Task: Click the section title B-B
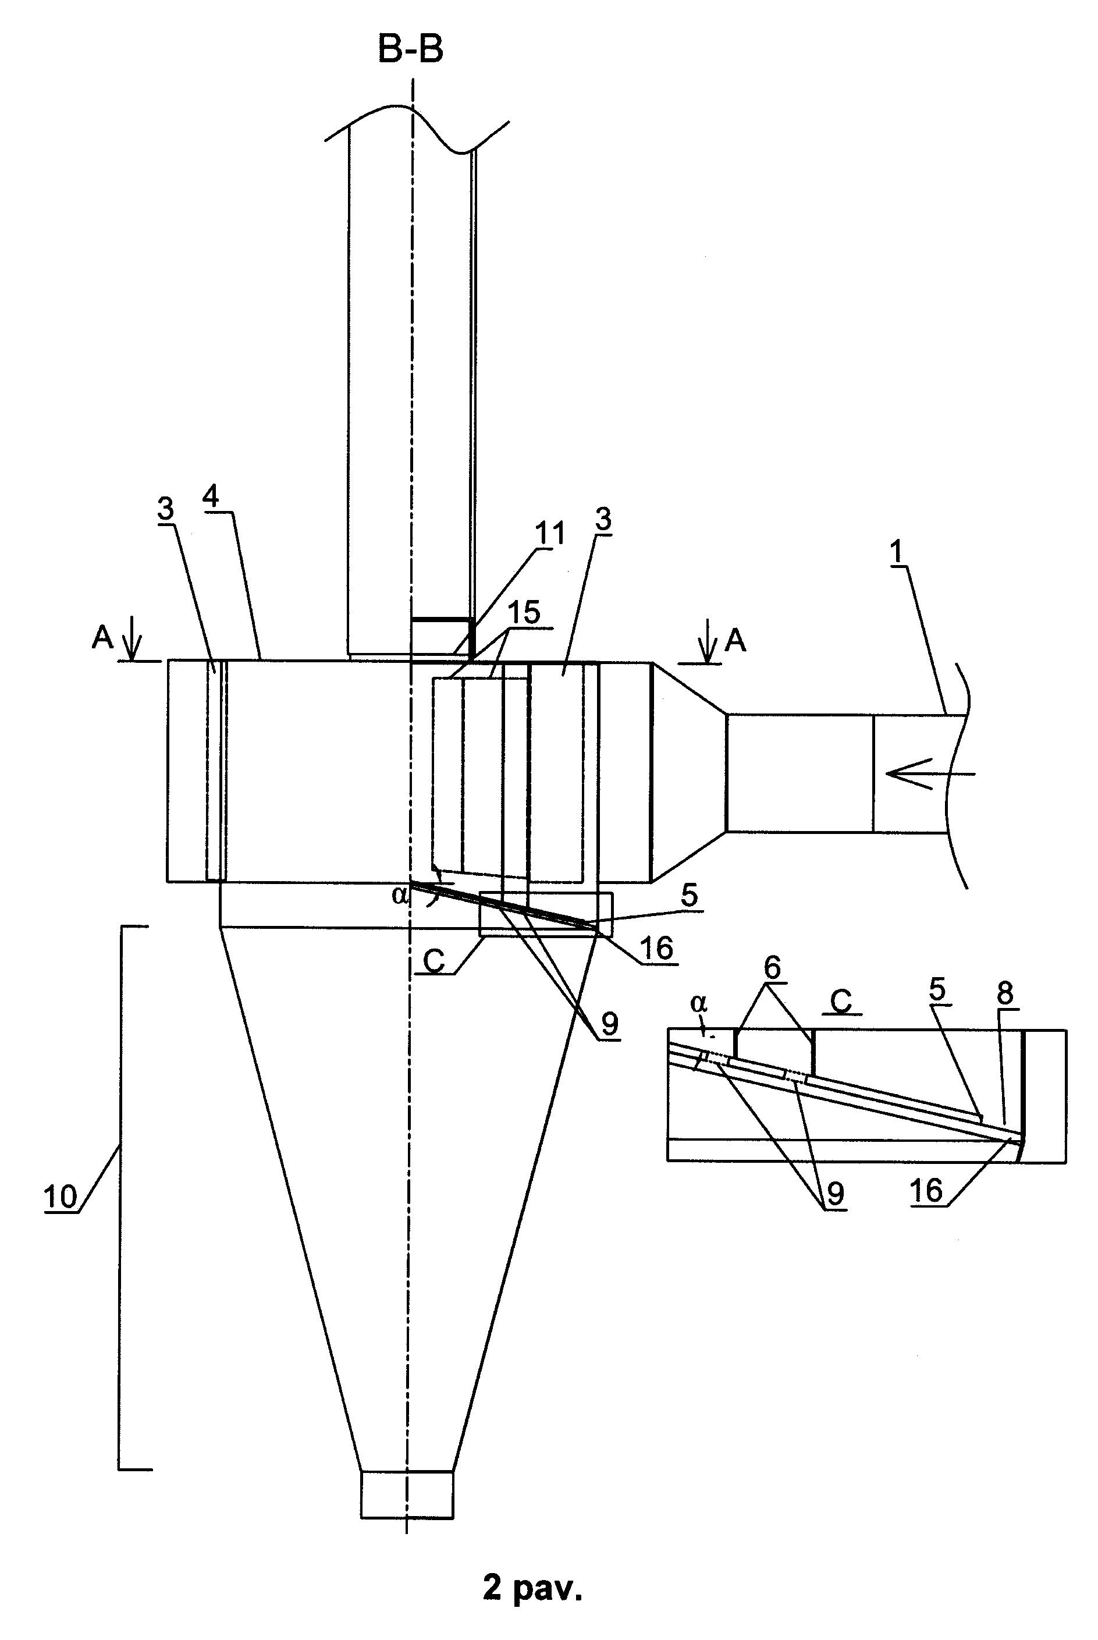click(410, 49)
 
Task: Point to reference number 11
click(550, 534)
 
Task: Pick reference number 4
click(210, 496)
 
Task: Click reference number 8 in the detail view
click(1005, 993)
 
